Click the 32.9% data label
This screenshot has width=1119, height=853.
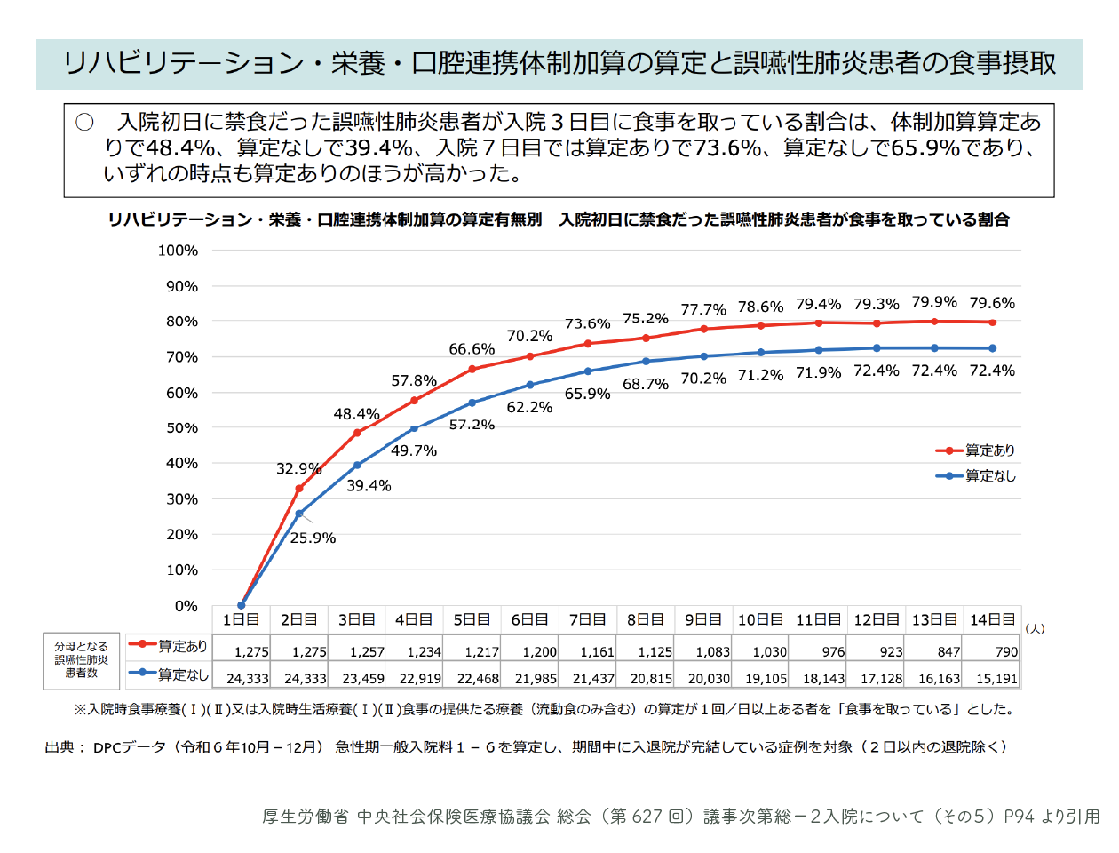[298, 468]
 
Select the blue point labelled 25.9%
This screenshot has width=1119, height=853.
[299, 514]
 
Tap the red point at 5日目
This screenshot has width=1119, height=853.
[472, 369]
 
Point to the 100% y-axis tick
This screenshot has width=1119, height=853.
[178, 251]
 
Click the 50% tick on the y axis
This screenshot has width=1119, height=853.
[182, 427]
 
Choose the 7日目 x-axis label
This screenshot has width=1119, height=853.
[588, 619]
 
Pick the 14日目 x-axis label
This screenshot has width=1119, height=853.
[992, 619]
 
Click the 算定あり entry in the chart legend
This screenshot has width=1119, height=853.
[975, 450]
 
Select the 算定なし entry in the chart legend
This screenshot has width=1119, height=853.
[976, 476]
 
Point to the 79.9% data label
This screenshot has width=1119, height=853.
[934, 302]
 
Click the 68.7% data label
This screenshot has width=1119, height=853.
[646, 384]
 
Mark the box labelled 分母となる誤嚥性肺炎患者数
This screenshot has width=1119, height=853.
[82, 661]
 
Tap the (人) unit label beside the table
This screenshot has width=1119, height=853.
[1035, 629]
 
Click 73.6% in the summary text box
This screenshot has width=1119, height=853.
[727, 147]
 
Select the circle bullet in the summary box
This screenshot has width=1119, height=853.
[84, 123]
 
